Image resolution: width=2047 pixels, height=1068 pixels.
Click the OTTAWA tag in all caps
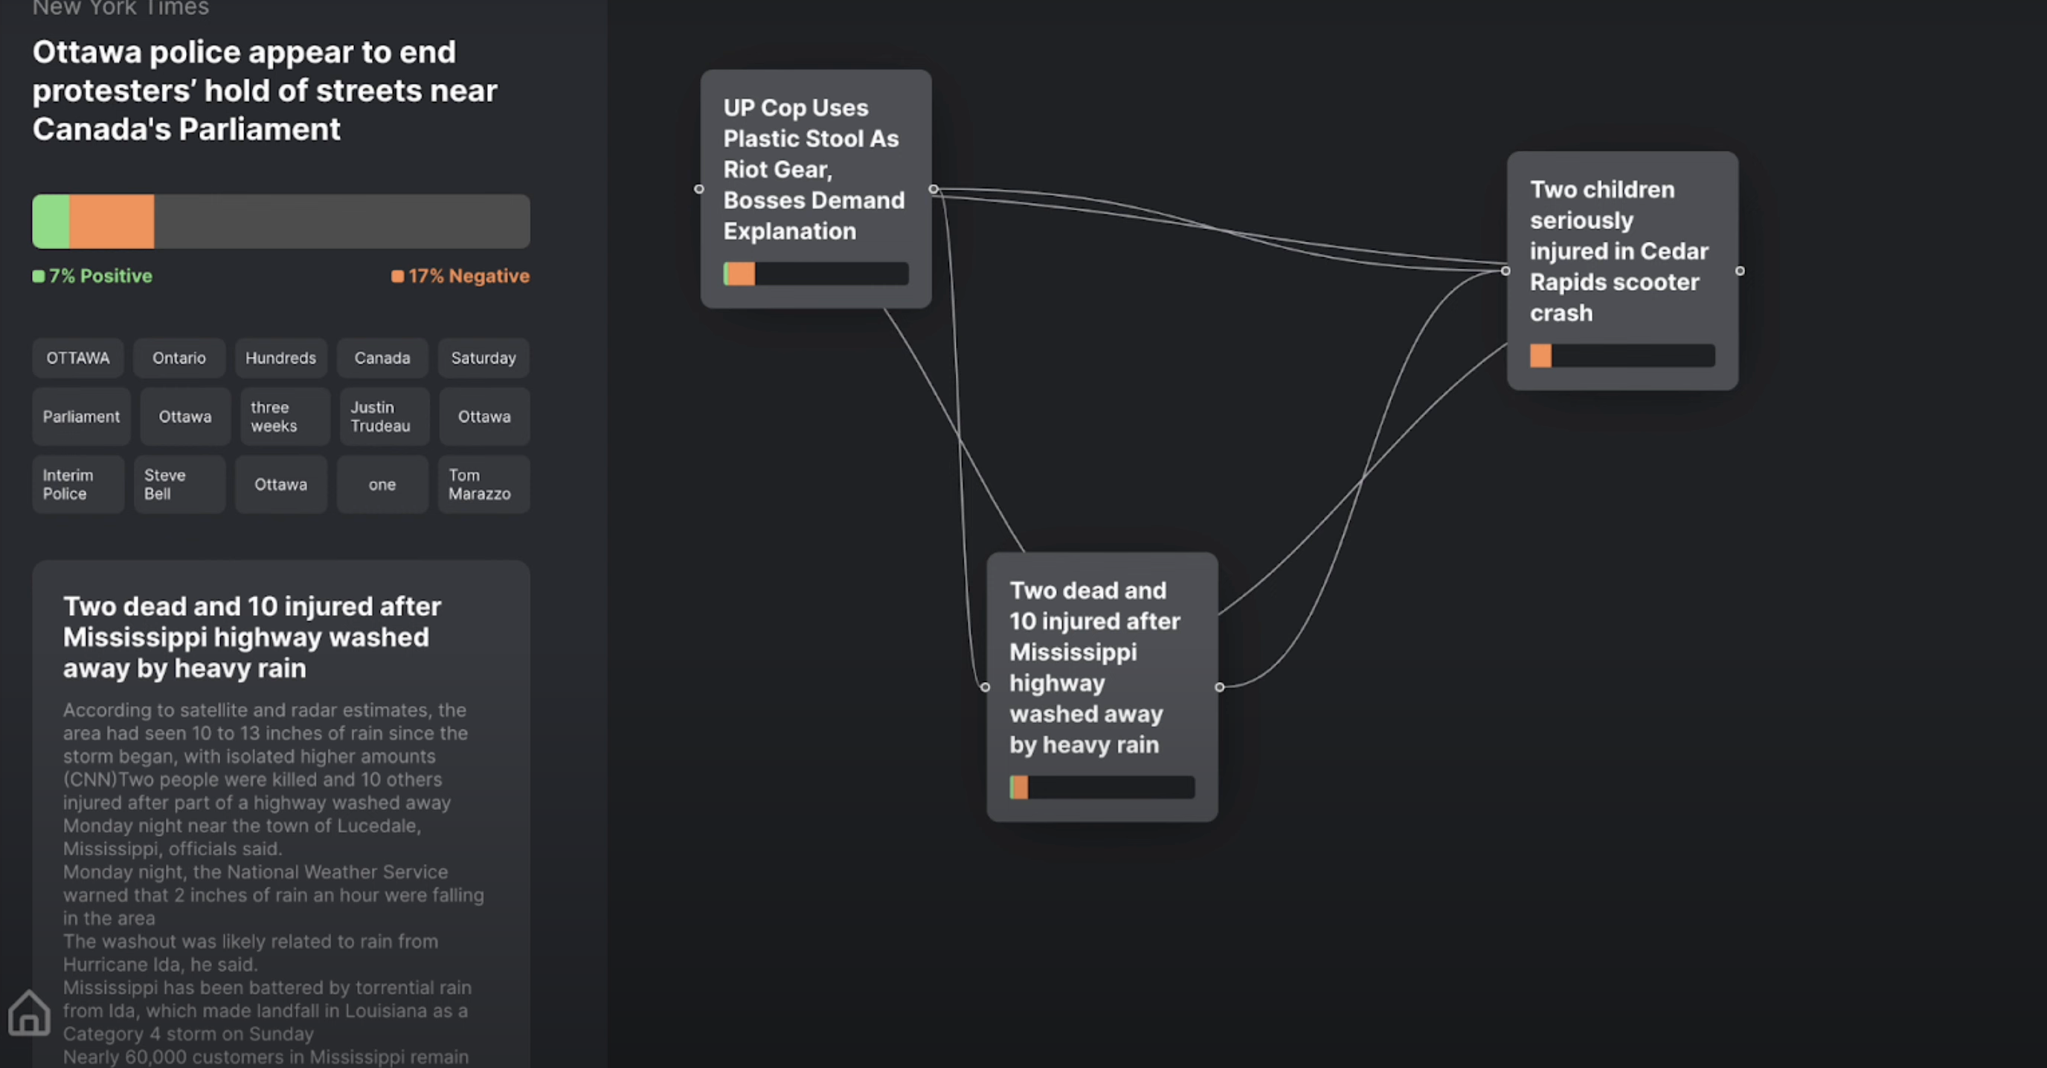pyautogui.click(x=78, y=358)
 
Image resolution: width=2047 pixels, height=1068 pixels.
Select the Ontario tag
pyautogui.click(x=179, y=358)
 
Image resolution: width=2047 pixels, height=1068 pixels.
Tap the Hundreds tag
pyautogui.click(x=280, y=358)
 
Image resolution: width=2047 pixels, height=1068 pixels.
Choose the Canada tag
pyautogui.click(x=382, y=358)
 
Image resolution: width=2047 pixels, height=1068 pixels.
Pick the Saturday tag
pyautogui.click(x=483, y=358)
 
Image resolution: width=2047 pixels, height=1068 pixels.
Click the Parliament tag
pyautogui.click(x=81, y=416)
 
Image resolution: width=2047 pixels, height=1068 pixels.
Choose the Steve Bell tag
pyautogui.click(x=179, y=484)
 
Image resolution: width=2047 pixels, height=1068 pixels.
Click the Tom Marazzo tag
pyautogui.click(x=483, y=484)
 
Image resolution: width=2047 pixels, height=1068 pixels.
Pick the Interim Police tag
pyautogui.click(x=78, y=484)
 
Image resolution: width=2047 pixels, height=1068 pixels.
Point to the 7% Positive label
pyautogui.click(x=92, y=276)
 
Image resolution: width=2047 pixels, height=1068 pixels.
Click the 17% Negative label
pyautogui.click(x=460, y=276)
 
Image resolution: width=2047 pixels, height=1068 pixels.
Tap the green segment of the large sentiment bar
pyautogui.click(x=51, y=222)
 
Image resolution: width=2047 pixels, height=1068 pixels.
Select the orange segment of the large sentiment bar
pyautogui.click(x=112, y=222)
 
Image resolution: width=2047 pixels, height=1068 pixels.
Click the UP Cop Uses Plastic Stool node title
pyautogui.click(x=814, y=170)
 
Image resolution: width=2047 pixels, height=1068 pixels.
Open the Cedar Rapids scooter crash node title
pyautogui.click(x=1619, y=251)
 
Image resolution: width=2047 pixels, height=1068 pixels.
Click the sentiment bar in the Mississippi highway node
pyautogui.click(x=1102, y=788)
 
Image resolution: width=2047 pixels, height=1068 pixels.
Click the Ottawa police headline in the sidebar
pyautogui.click(x=265, y=91)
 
